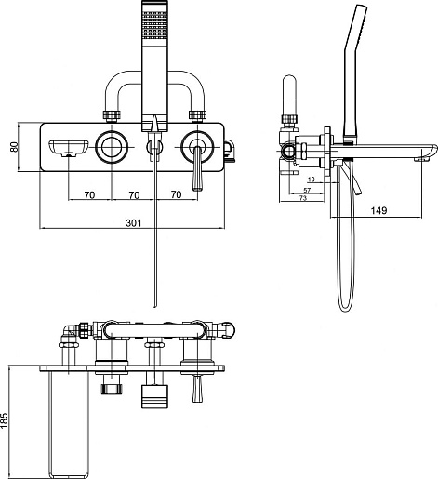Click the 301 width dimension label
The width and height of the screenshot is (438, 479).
coord(134,222)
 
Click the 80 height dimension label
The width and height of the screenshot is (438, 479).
coord(14,147)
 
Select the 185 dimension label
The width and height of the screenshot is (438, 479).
coord(4,420)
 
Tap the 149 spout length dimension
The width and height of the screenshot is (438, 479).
coord(378,210)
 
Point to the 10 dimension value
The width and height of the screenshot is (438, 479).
coord(312,180)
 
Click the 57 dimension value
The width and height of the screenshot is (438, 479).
coord(307,190)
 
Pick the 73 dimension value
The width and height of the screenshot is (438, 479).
coord(302,198)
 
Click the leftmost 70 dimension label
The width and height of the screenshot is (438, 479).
coord(89,195)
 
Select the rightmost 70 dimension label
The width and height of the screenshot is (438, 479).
coord(176,194)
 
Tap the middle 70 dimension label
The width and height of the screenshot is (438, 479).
coord(134,195)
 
